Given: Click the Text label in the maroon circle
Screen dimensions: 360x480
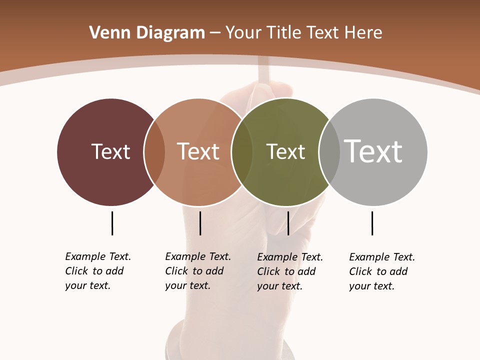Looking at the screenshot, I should pyautogui.click(x=110, y=151).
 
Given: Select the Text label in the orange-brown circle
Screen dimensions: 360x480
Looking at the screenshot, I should pyautogui.click(x=198, y=151).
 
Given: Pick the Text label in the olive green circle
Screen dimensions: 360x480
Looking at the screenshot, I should pyautogui.click(x=285, y=151).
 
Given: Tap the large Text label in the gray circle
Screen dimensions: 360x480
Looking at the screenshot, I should pyautogui.click(x=373, y=151).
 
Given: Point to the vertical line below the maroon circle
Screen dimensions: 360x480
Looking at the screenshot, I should pyautogui.click(x=112, y=223).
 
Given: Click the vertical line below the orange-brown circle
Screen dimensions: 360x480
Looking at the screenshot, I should pyautogui.click(x=200, y=223).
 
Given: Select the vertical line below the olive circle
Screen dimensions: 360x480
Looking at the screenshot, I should pyautogui.click(x=288, y=223).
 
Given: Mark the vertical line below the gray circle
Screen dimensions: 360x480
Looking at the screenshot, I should pyautogui.click(x=372, y=223).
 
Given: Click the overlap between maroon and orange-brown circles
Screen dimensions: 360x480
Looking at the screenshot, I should pyautogui.click(x=154, y=152).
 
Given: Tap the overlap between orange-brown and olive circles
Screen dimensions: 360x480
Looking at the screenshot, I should pyautogui.click(x=242, y=152).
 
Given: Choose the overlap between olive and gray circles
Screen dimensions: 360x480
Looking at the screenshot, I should pyautogui.click(x=329, y=152).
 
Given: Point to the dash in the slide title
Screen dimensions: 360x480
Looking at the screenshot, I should pyautogui.click(x=215, y=33).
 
